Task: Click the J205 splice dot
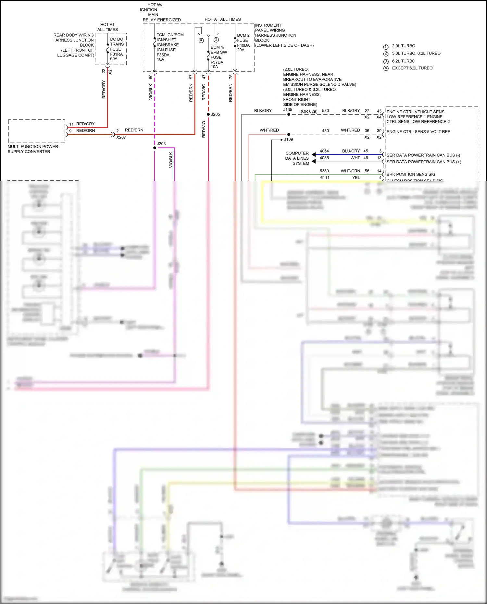208,114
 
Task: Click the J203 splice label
161,143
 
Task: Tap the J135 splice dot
289,114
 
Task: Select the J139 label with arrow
288,139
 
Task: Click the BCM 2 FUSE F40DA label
243,43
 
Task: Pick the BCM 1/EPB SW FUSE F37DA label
218,57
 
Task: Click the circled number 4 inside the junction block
201,40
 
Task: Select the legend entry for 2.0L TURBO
403,46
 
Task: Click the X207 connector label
121,137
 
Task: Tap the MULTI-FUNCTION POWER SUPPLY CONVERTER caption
32,149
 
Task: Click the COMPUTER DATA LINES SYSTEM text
297,158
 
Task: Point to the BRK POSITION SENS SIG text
411,174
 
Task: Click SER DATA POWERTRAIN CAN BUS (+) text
423,162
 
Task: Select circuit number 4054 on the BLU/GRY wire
324,151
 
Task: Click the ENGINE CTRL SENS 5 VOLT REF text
418,131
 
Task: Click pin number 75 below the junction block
231,77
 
